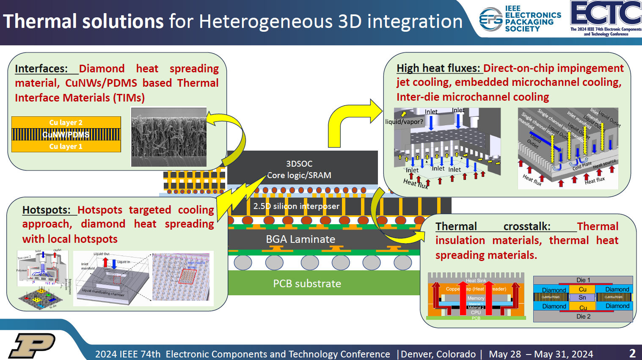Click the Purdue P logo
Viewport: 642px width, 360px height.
(32, 345)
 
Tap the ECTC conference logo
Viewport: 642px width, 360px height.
(606, 18)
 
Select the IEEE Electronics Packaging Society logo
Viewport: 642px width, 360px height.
(520, 19)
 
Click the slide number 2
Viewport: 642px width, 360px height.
(632, 353)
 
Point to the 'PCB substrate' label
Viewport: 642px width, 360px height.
(307, 283)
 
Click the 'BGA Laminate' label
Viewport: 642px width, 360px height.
(300, 239)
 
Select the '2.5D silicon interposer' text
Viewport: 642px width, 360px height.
(296, 206)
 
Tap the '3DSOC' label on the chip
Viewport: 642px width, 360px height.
(299, 164)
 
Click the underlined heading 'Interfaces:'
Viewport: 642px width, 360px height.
(41, 69)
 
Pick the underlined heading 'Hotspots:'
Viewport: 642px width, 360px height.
(47, 210)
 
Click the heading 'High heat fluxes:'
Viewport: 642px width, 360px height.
(438, 68)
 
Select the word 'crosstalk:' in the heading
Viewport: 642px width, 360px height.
(527, 226)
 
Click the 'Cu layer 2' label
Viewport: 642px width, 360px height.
(66, 122)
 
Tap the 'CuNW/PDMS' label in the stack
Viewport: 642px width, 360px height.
(66, 135)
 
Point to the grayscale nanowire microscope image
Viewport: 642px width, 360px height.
(168, 137)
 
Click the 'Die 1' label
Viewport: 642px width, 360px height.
(583, 280)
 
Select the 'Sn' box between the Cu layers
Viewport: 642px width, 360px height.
(582, 297)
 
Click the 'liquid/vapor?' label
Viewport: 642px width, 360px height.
(404, 122)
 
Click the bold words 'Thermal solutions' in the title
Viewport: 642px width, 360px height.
(83, 21)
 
